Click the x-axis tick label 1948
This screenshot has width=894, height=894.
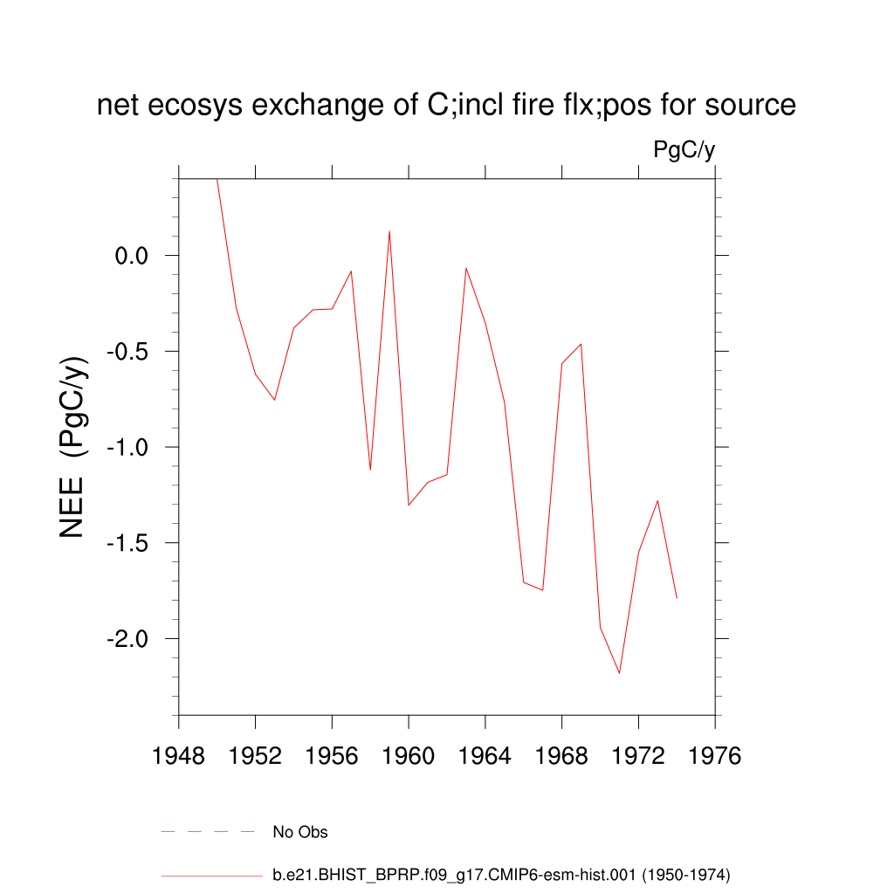(x=178, y=756)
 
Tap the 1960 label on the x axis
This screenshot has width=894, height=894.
(x=409, y=756)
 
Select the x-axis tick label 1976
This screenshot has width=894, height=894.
(x=715, y=756)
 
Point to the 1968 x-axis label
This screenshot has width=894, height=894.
(x=561, y=756)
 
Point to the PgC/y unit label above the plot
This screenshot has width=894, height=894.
(x=684, y=150)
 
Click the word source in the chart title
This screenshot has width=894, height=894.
(x=749, y=106)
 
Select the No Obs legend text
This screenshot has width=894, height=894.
(x=300, y=832)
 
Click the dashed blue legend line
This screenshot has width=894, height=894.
(x=208, y=832)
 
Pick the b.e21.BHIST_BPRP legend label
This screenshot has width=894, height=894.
(x=501, y=874)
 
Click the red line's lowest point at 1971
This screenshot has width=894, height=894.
(x=619, y=673)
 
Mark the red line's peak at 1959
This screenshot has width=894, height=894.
(x=389, y=230)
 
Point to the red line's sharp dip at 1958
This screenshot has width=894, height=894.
(x=370, y=470)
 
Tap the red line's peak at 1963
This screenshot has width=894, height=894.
(x=466, y=268)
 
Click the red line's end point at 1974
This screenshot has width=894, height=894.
(x=677, y=598)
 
